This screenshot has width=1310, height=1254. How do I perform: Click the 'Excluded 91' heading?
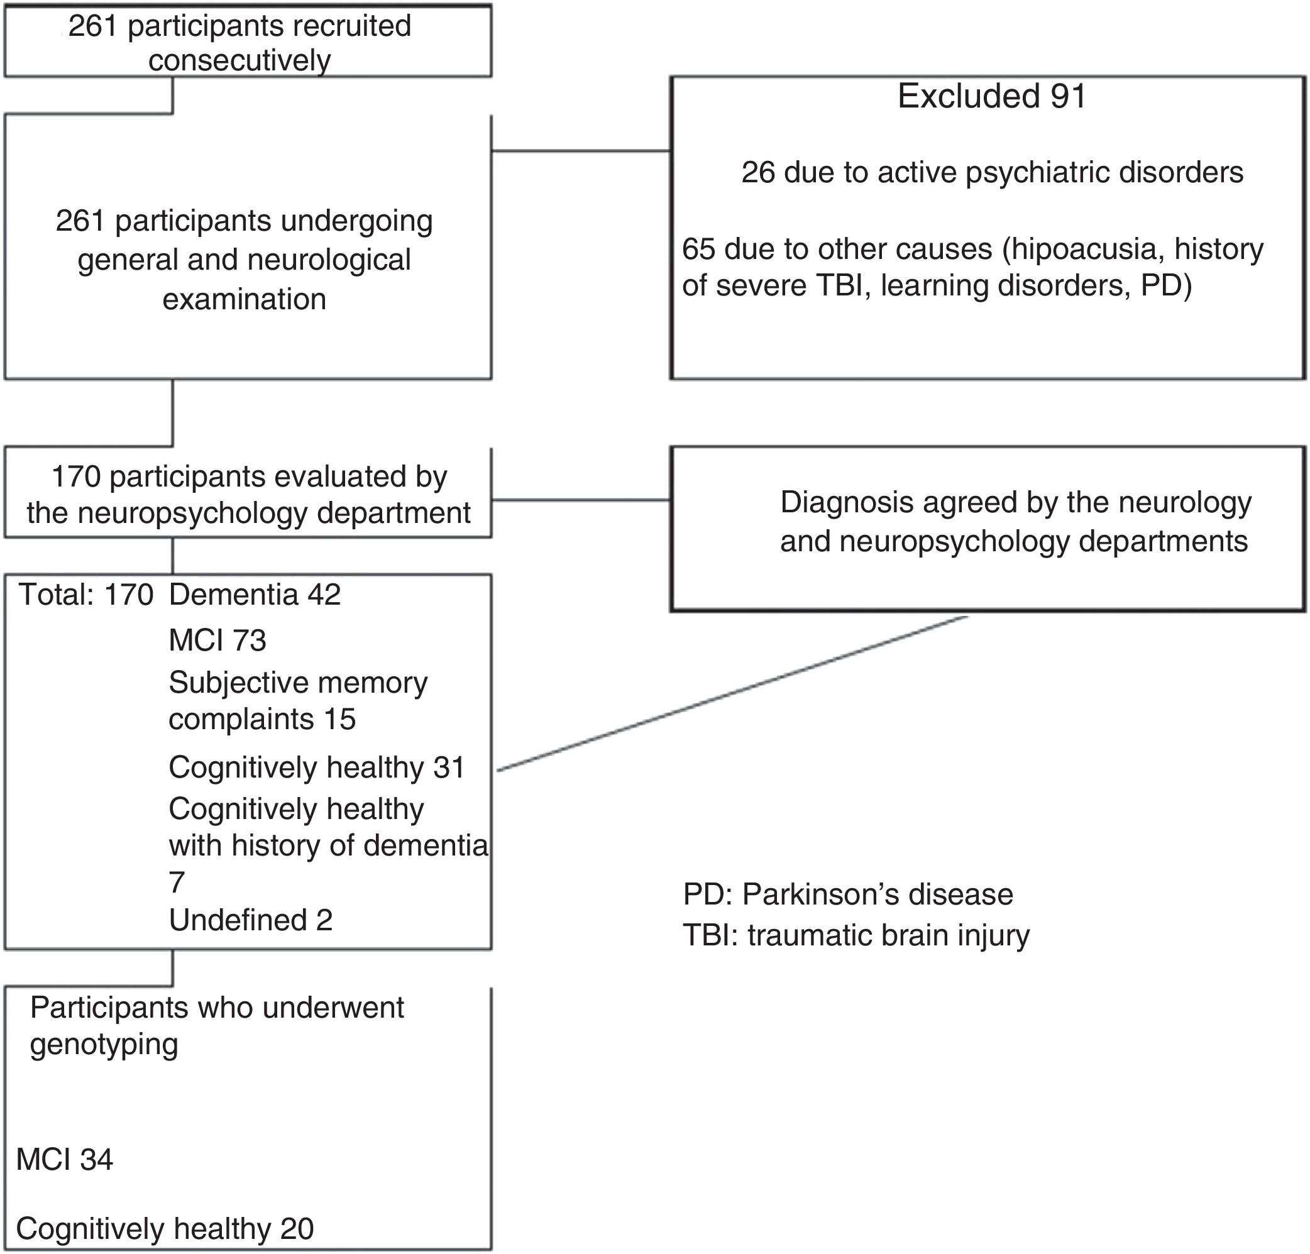(991, 96)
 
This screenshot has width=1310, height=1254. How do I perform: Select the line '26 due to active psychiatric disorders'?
(992, 172)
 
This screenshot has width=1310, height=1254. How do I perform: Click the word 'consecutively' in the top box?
(239, 61)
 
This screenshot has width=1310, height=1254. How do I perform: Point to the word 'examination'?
(244, 299)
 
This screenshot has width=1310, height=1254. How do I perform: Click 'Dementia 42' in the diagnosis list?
(255, 594)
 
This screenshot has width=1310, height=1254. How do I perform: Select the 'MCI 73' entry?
(217, 641)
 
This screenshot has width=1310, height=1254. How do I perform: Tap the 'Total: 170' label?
(86, 594)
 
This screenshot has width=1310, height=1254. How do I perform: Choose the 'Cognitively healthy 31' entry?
(316, 767)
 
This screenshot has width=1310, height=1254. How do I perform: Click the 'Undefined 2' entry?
(251, 920)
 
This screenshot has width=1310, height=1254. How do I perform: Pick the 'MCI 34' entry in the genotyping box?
(64, 1159)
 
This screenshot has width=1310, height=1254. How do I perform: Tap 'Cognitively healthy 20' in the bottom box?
(165, 1229)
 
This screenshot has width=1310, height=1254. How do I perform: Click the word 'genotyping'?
(104, 1044)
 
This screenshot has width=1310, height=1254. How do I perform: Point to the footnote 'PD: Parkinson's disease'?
(847, 894)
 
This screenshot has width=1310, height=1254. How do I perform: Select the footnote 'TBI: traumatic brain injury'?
(856, 935)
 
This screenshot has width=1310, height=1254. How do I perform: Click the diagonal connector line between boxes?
(732, 694)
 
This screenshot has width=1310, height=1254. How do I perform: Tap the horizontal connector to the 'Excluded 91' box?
(581, 151)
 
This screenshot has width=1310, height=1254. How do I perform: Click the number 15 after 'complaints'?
(339, 719)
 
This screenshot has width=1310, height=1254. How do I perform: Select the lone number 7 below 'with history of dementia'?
(177, 883)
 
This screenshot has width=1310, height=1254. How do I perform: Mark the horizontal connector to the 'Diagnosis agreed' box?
(581, 499)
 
